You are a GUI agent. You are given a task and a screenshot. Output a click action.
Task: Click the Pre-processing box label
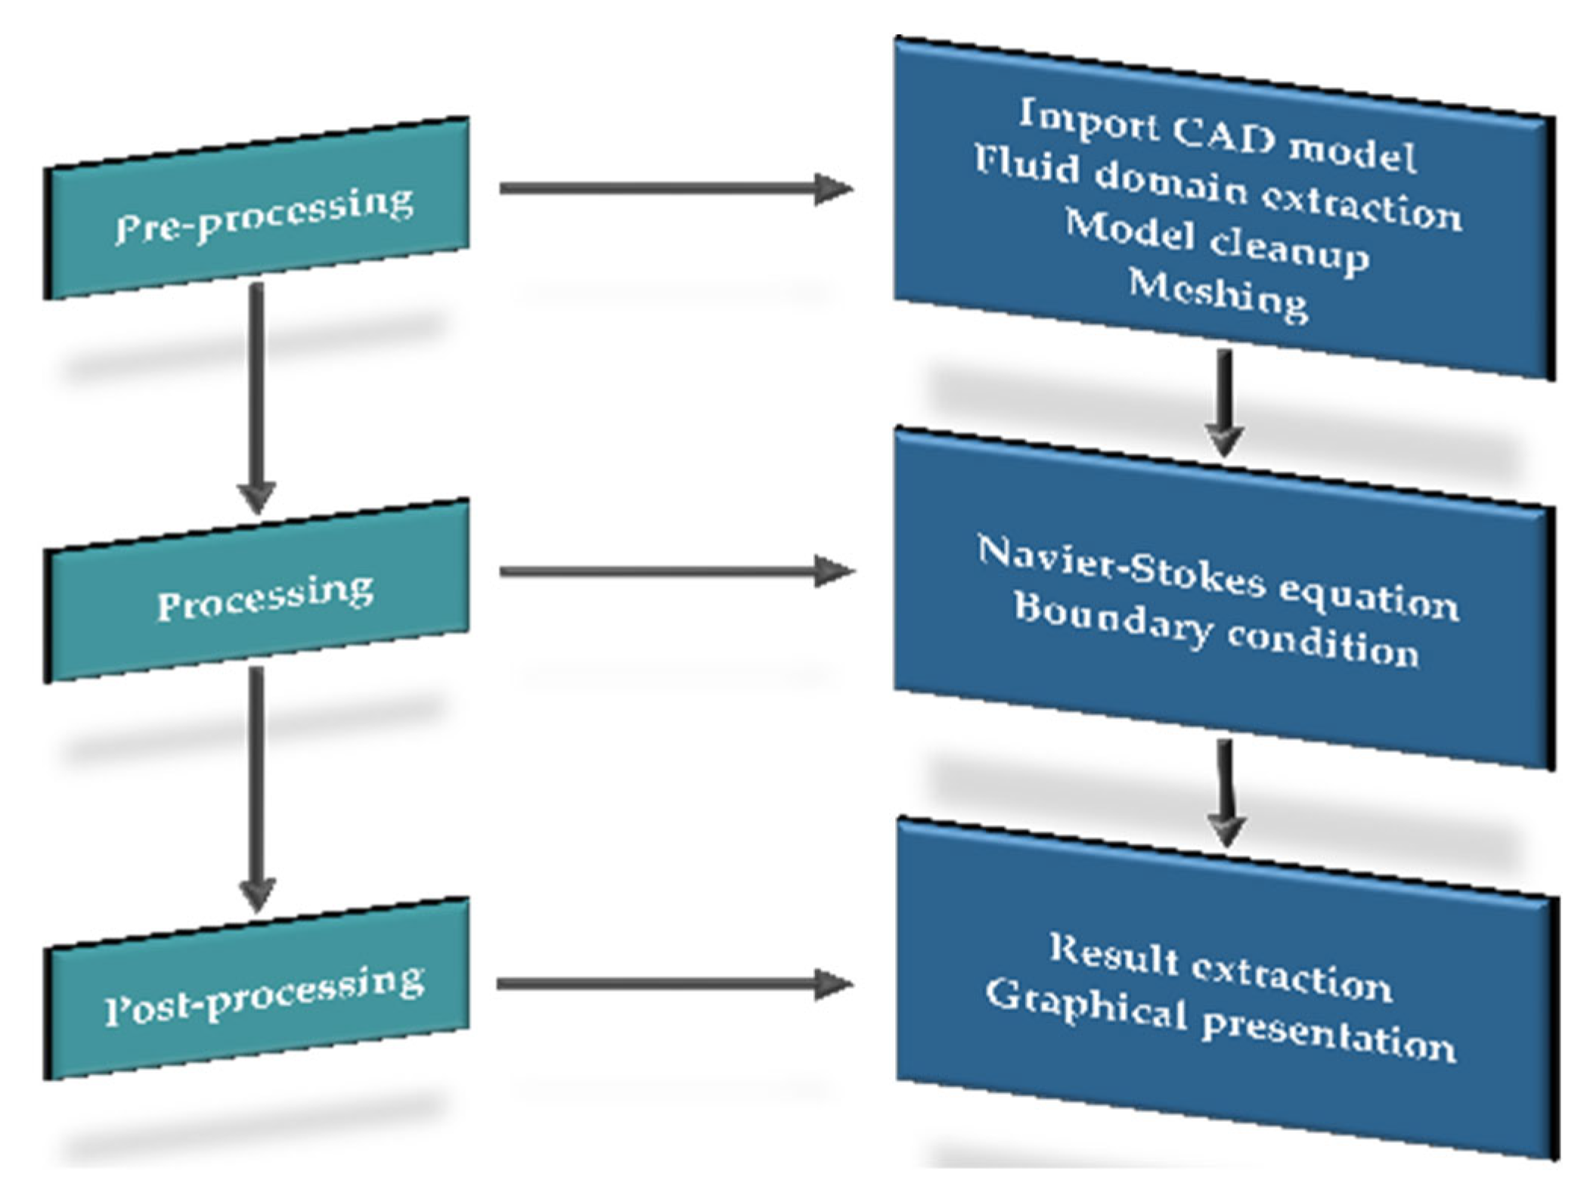265,215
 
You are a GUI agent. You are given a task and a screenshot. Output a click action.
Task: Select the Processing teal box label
265,597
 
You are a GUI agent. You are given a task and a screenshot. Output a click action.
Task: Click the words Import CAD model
1217,137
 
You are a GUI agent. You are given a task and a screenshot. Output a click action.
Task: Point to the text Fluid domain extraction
1217,189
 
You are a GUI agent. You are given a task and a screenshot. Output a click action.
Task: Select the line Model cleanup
1217,241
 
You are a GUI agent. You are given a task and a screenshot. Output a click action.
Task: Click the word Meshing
1218,296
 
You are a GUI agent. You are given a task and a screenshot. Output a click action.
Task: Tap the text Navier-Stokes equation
1217,578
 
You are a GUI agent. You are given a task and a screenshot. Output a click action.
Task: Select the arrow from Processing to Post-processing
256,786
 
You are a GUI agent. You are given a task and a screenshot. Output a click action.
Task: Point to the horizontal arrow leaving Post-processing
674,984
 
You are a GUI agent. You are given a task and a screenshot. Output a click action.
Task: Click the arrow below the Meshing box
1224,401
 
